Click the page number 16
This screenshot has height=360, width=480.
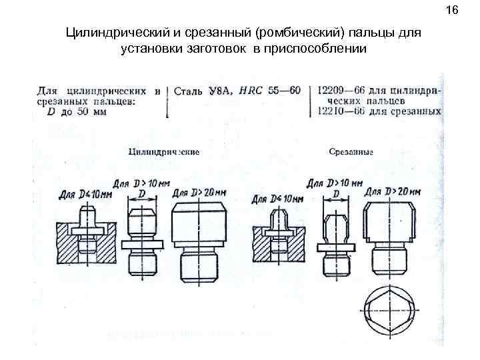click(x=454, y=10)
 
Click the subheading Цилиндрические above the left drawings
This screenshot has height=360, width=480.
click(x=164, y=152)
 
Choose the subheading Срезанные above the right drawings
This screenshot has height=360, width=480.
click(x=351, y=152)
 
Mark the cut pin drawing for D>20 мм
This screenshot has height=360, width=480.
click(x=390, y=237)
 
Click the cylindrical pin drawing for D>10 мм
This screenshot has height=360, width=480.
click(x=141, y=240)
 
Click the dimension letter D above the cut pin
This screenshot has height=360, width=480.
click(x=336, y=193)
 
